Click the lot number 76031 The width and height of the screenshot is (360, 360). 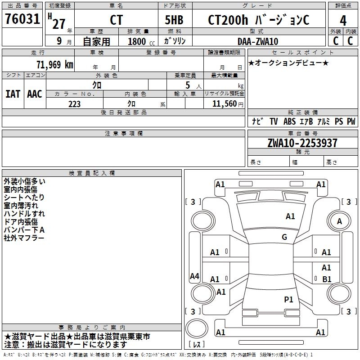coord(22,20)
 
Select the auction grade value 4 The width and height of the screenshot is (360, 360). coord(343,21)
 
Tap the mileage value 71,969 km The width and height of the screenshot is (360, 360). coord(54,64)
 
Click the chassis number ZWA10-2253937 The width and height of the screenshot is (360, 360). coord(302,144)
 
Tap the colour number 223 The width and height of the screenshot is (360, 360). coord(74,104)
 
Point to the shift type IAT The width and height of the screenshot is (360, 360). coord(13,94)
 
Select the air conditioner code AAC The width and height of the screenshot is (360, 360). coord(35,94)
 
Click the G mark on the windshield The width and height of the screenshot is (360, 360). coord(284,237)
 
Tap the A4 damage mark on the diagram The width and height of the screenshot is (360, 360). coord(194,276)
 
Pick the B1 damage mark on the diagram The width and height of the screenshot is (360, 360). coord(327,279)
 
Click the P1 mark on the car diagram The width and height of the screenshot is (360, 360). coord(288,299)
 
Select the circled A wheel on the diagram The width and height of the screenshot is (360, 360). coord(339,221)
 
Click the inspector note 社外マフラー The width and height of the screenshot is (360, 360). coord(24,238)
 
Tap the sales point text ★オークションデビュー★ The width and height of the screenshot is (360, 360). coord(288,63)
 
